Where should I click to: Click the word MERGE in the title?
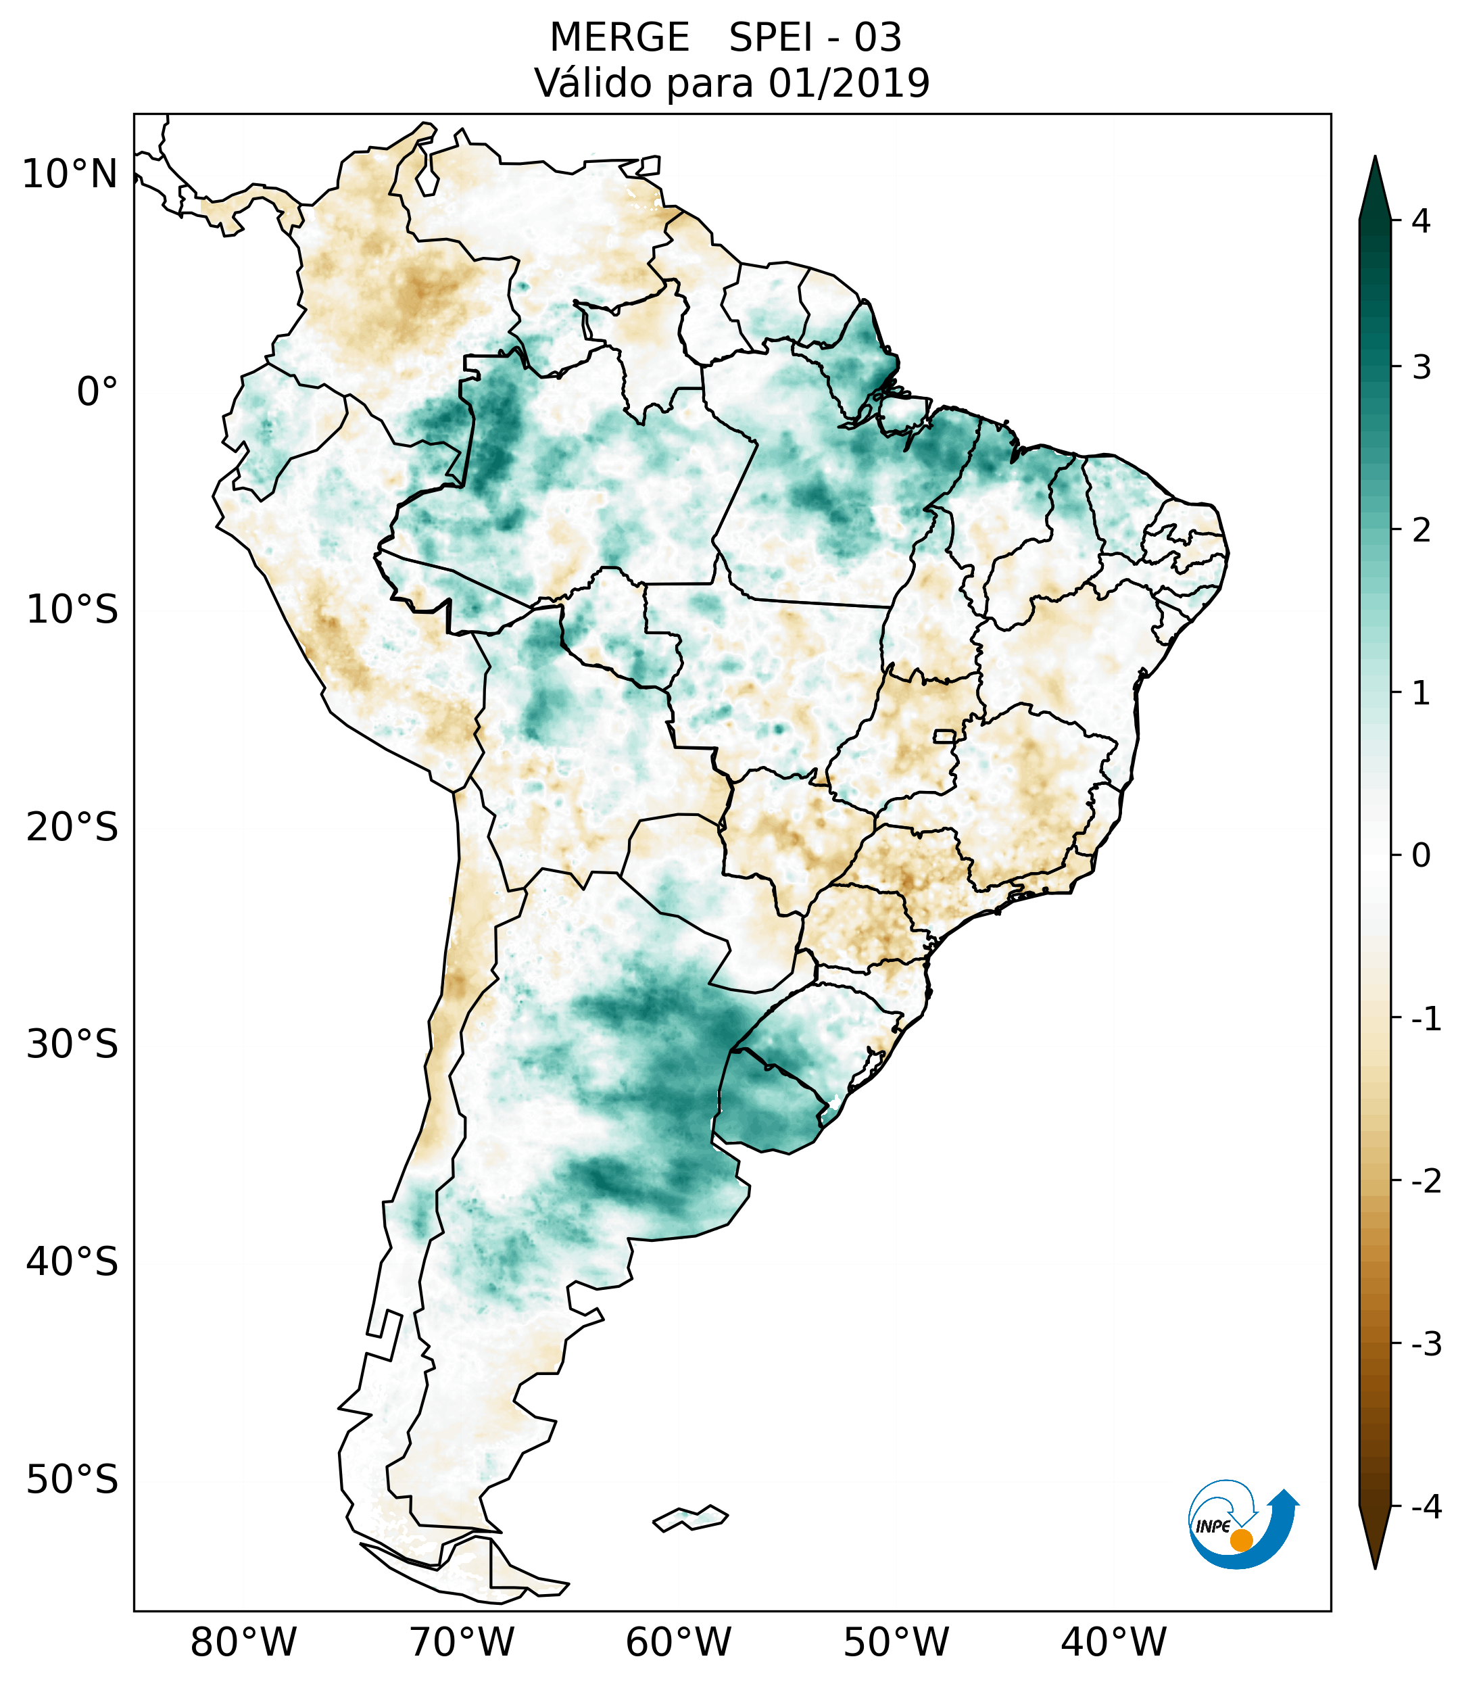[618, 38]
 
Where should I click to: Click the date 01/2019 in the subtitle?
[849, 83]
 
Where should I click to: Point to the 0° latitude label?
[97, 392]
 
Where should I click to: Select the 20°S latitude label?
[72, 827]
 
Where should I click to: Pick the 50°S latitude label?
[72, 1480]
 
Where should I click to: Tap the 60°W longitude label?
[678, 1641]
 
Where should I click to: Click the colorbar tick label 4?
[1421, 221]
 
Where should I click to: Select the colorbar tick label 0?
[1421, 856]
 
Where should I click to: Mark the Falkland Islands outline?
[690, 1518]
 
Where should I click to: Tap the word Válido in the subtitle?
[593, 83]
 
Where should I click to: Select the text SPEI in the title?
[771, 38]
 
